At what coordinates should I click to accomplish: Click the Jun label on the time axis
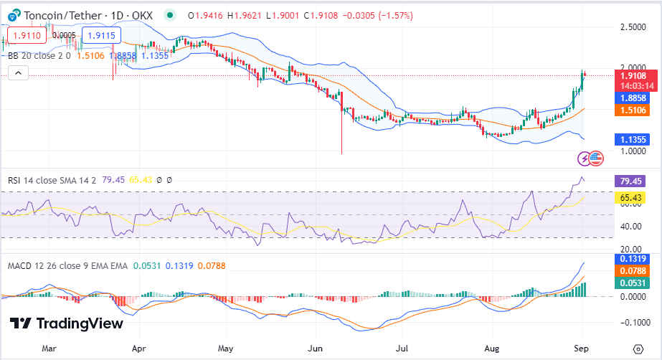coord(315,348)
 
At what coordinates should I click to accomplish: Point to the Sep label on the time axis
coord(582,348)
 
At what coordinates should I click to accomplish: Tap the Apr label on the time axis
coord(139,348)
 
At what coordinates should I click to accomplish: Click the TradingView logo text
coord(79,323)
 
